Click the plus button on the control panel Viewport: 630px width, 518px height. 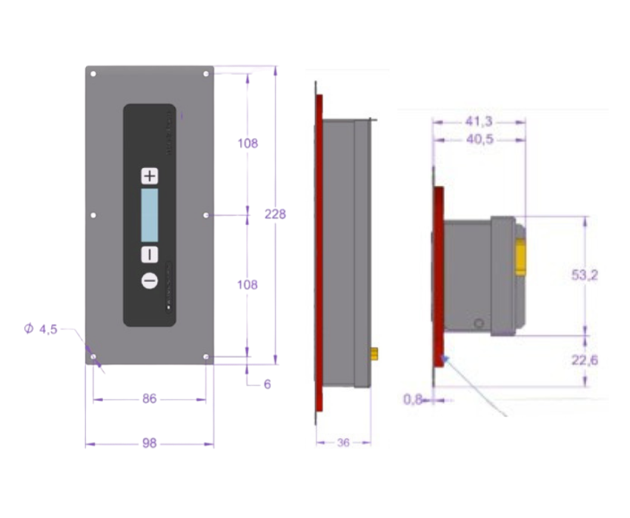click(150, 176)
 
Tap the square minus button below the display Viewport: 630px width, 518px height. click(150, 255)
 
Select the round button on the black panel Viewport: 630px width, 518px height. click(150, 281)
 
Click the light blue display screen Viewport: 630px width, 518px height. click(150, 215)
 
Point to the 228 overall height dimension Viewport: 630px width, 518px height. click(275, 214)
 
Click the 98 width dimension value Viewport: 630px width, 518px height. click(150, 443)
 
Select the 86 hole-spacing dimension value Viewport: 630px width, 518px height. click(150, 399)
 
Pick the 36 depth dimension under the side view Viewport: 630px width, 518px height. click(343, 443)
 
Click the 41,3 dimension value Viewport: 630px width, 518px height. click(480, 121)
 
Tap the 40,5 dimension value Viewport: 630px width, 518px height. click(480, 138)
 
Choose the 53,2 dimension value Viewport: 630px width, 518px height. click(585, 275)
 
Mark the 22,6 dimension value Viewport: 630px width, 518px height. click(585, 360)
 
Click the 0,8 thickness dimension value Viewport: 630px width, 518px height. click(412, 400)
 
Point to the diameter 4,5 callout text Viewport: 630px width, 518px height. click(42, 329)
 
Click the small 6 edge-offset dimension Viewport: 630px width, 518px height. click(267, 384)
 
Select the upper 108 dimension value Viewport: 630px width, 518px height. click(248, 144)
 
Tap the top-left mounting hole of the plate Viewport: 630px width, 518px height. click(93, 74)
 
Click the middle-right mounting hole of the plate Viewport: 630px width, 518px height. click(205, 215)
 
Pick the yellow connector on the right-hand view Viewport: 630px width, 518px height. click(520, 256)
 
